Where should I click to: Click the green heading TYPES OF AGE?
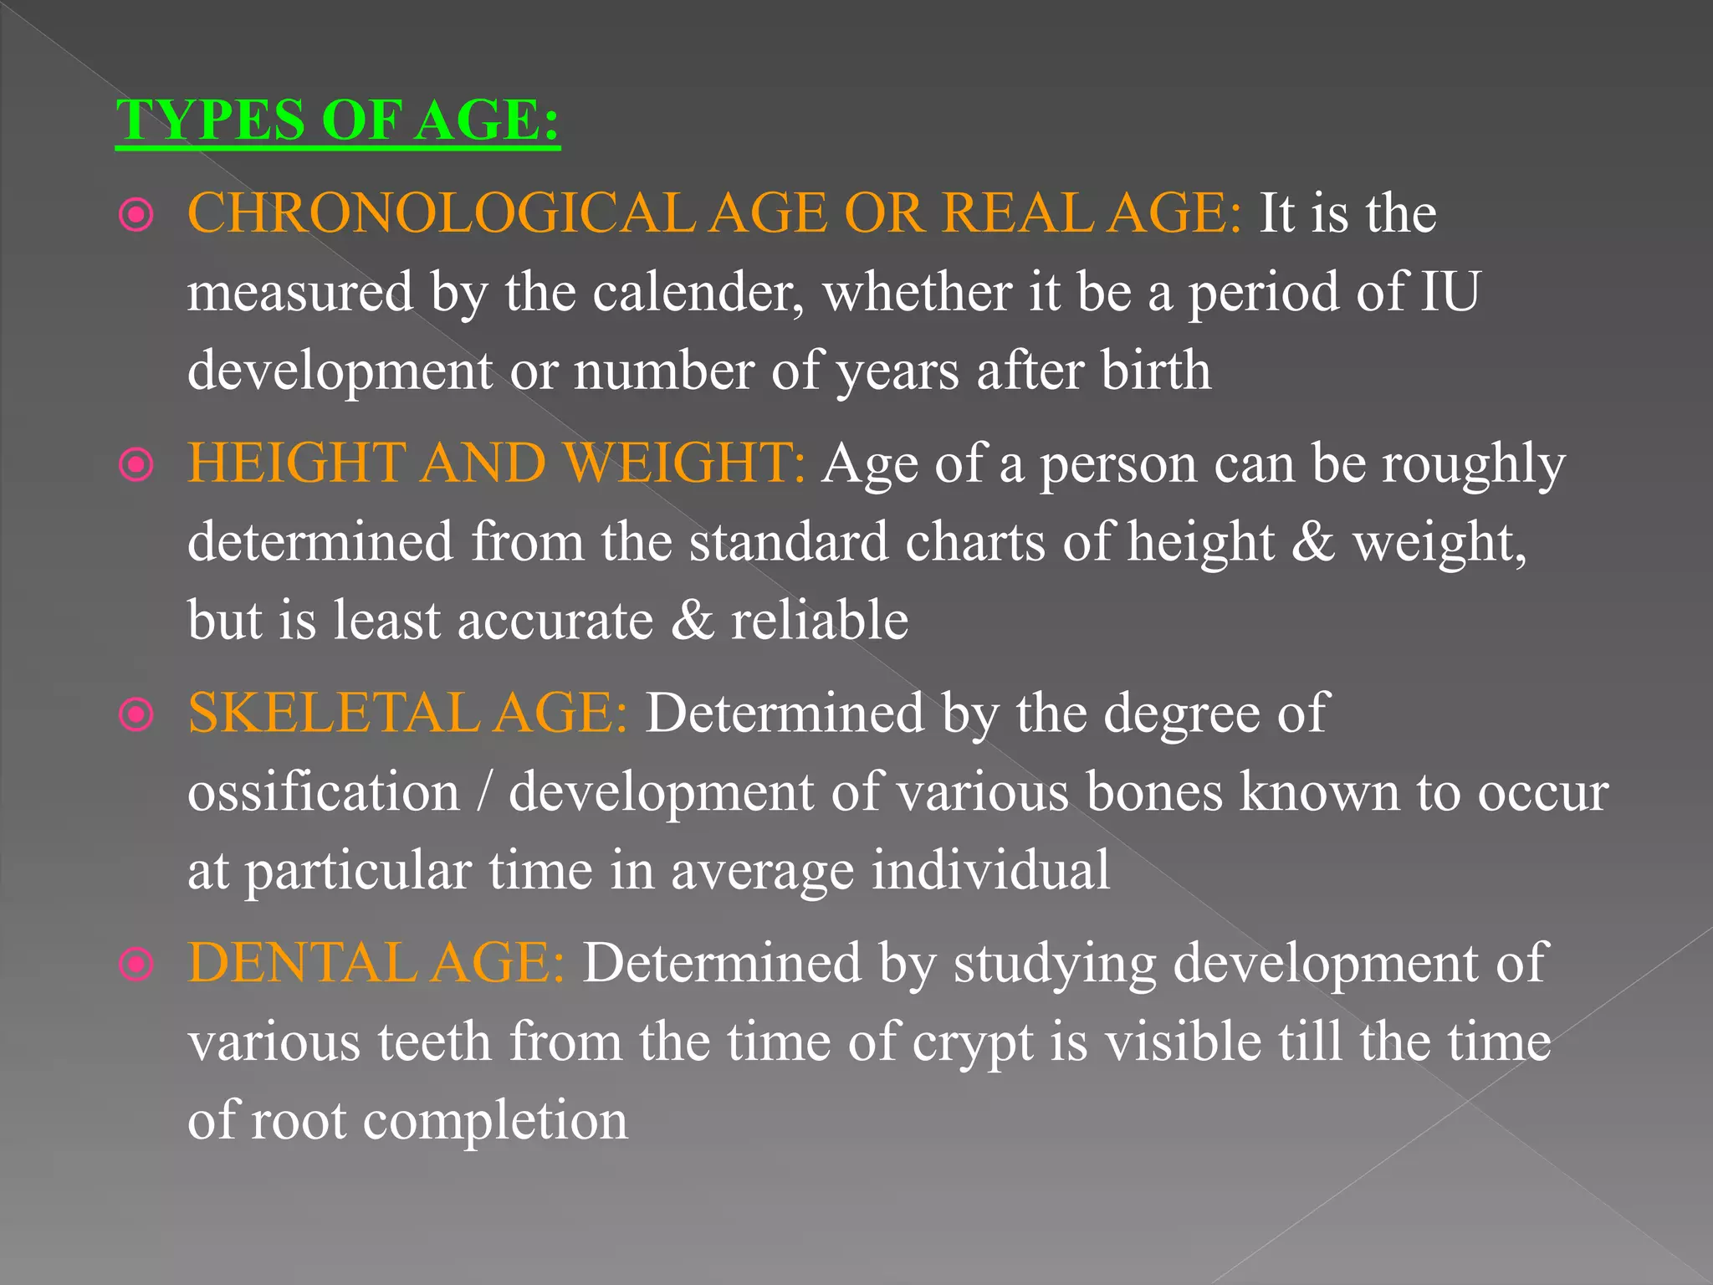coord(338,120)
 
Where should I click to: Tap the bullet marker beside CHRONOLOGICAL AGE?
coord(136,215)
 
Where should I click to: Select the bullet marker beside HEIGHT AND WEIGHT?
coord(136,465)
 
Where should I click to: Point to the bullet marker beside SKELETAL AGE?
coord(136,715)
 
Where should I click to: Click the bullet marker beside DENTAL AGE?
coord(136,965)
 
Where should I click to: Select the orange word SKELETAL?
coord(333,713)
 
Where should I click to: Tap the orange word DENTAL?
coord(300,963)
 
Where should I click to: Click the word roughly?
coord(1473,464)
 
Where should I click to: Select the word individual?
coord(990,870)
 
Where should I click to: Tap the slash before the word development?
coord(483,791)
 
